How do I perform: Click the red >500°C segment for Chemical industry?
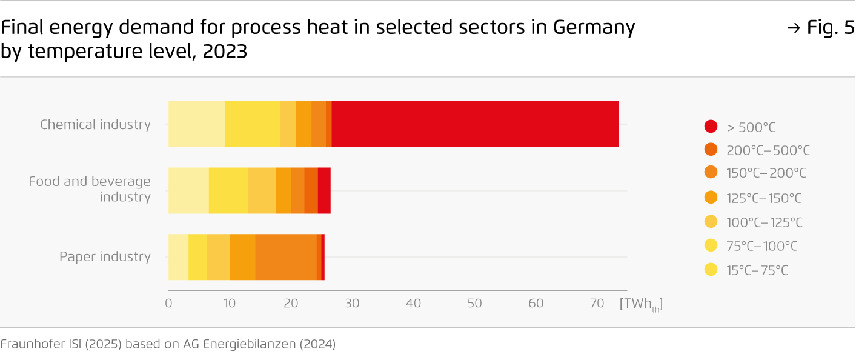coord(475,124)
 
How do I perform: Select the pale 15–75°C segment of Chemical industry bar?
coord(196,124)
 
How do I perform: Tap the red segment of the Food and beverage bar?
coord(324,190)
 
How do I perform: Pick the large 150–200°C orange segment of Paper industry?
coord(285,256)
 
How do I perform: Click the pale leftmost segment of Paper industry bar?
coord(178,256)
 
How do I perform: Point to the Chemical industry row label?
coord(95,125)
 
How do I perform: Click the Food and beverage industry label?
coord(90,189)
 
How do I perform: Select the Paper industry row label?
coord(105,257)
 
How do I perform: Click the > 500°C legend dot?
coord(711,127)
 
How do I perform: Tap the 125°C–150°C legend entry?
coord(763,198)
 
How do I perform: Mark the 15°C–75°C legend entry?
coord(757,270)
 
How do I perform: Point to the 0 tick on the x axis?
coord(168,303)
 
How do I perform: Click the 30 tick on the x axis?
coord(352,303)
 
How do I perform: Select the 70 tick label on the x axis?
coord(597,303)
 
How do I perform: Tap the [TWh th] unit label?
coord(641,304)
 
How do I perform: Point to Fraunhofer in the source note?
coord(28,345)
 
